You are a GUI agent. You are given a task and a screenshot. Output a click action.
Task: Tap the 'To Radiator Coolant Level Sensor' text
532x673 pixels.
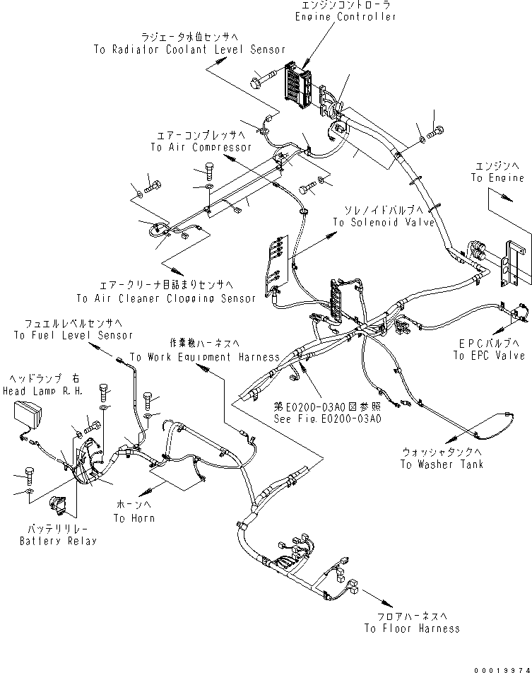(189, 49)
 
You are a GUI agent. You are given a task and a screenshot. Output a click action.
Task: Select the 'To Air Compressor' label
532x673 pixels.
(201, 147)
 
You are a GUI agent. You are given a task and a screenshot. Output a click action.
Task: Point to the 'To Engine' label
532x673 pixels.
(497, 178)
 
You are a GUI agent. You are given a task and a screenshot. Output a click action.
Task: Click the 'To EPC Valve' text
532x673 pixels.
(489, 356)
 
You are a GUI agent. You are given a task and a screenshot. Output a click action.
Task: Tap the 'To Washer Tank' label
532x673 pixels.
(442, 464)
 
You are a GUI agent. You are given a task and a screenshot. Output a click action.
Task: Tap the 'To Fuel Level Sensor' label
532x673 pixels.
(73, 335)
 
